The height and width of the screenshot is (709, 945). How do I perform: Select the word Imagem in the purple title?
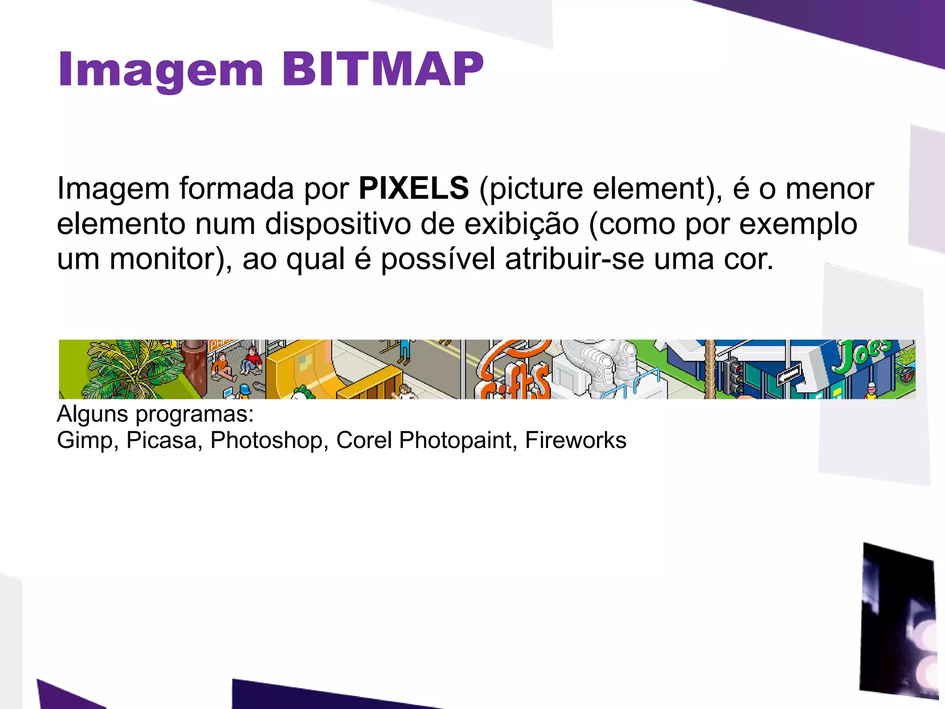point(161,70)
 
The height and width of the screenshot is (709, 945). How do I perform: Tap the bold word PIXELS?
point(413,188)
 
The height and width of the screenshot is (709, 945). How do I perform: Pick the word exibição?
point(521,224)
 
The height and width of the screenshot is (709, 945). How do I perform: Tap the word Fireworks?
point(575,440)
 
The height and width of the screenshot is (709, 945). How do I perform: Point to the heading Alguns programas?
point(155,414)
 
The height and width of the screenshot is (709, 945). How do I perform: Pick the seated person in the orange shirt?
point(222,366)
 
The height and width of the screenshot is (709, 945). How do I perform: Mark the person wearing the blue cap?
point(244,391)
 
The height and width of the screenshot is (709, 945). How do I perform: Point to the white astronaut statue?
point(600,365)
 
